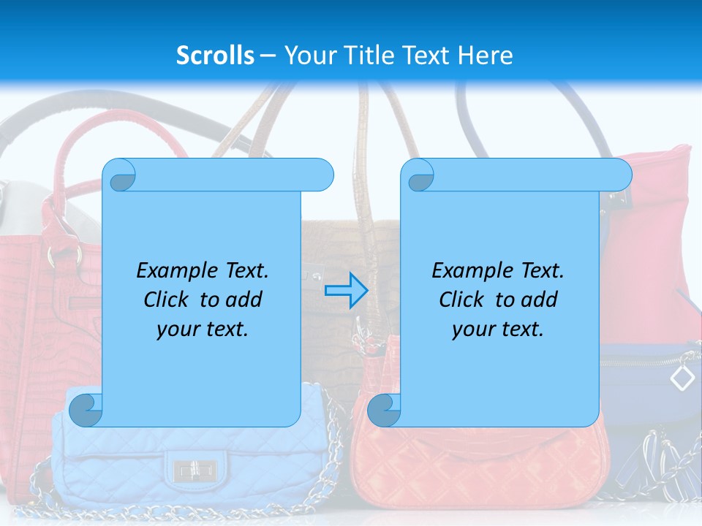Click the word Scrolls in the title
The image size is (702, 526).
click(215, 56)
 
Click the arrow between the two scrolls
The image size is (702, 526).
click(346, 290)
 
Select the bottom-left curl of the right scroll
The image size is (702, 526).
click(384, 411)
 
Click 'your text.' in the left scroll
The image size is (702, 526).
click(203, 329)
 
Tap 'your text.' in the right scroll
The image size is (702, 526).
click(498, 329)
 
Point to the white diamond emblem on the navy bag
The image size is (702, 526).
click(682, 378)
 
